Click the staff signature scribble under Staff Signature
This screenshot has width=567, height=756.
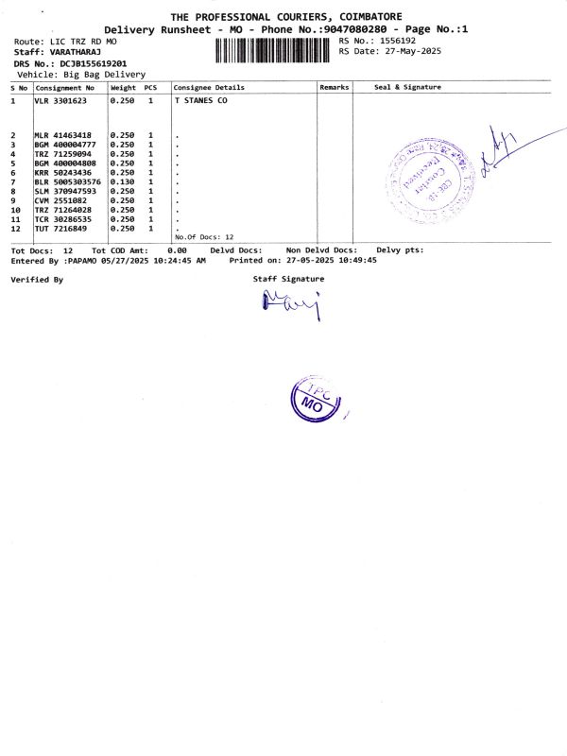[x=291, y=303]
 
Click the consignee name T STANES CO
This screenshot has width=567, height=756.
[x=201, y=99]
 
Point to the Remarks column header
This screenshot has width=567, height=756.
[x=335, y=87]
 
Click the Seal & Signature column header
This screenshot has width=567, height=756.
[x=407, y=87]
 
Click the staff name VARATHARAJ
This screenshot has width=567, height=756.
[x=76, y=51]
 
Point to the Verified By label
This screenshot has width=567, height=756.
[x=37, y=280]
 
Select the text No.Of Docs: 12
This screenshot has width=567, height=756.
[x=204, y=237]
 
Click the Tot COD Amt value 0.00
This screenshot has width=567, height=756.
[x=177, y=250]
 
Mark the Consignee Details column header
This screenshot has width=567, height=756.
[x=209, y=87]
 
